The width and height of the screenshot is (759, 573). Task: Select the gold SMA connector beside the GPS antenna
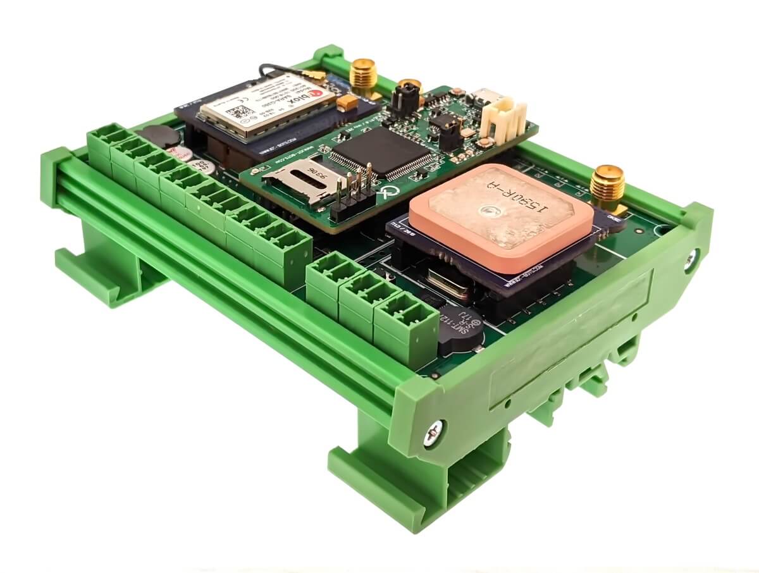pos(607,186)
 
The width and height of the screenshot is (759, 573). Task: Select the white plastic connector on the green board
pos(502,118)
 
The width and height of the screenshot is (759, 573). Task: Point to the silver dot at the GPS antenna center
pos(489,211)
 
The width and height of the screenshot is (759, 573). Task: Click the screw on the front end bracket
pos(433,434)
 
